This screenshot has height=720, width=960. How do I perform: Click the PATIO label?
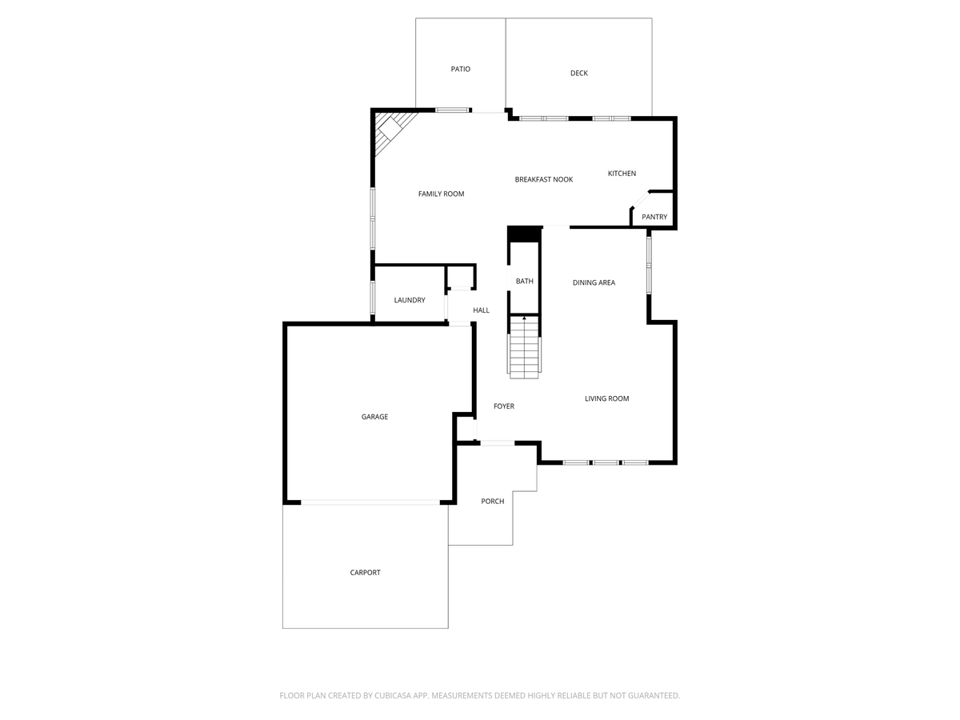click(460, 70)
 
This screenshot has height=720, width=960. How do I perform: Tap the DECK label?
click(579, 74)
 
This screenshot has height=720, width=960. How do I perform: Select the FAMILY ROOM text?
click(441, 194)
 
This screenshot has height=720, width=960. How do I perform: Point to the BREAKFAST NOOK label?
click(544, 180)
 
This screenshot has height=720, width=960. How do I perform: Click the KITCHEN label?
click(622, 174)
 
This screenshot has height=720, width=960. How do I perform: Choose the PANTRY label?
click(654, 217)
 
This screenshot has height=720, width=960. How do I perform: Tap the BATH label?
click(524, 282)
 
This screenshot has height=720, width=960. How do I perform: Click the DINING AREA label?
click(594, 282)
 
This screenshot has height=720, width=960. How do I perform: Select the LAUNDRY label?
click(410, 300)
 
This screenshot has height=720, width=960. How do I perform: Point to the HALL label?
click(481, 310)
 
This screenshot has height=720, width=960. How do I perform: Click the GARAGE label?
click(374, 417)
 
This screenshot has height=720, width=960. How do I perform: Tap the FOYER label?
click(504, 406)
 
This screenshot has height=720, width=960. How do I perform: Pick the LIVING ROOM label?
click(606, 398)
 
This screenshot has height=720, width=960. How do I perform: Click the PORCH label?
click(493, 502)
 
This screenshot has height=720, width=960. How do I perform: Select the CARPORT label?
click(365, 573)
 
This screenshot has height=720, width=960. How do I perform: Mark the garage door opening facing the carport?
click(370, 502)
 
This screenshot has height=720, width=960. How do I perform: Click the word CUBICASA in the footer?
click(398, 696)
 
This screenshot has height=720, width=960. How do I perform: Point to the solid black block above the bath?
click(525, 234)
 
